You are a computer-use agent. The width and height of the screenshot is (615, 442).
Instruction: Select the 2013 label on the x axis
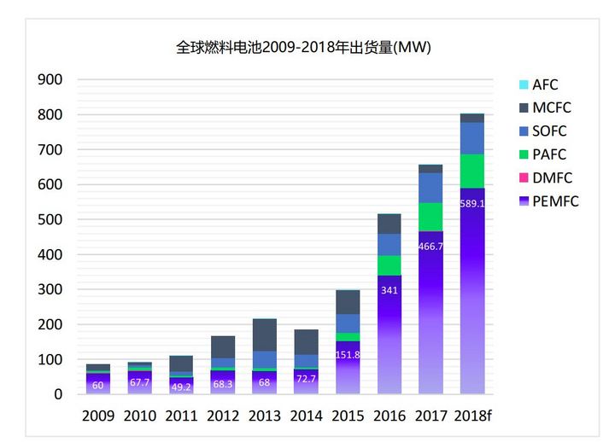point(264,416)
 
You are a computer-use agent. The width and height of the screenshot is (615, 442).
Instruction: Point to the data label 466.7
point(430,246)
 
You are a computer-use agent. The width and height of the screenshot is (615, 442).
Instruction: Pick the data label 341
point(389,290)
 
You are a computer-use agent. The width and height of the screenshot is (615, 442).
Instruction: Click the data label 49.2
point(180,385)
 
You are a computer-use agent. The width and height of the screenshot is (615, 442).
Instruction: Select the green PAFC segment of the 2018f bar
point(472,172)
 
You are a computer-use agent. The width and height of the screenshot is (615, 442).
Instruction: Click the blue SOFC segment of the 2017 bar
point(430,188)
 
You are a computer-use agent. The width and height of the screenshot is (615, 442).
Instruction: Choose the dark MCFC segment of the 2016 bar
point(389,224)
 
